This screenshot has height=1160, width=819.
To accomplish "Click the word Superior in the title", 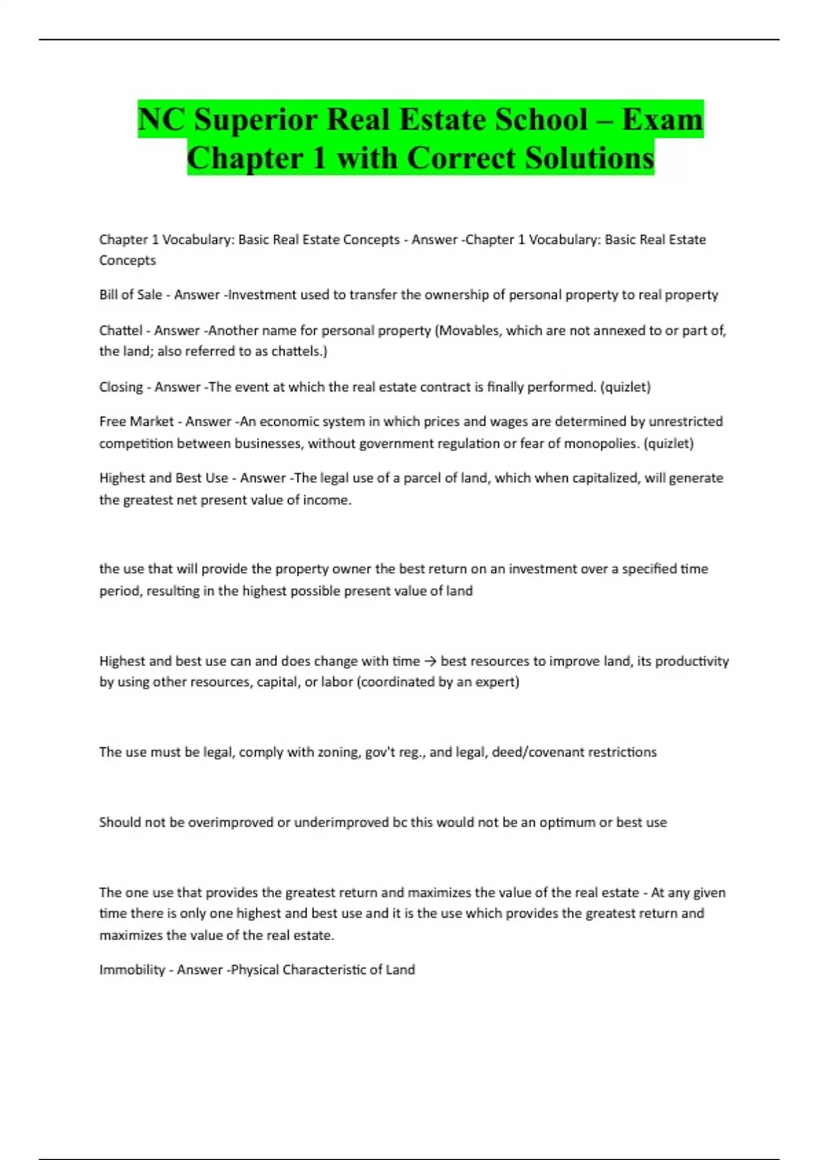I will pos(256,119).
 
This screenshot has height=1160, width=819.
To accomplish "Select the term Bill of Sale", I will pos(130,295).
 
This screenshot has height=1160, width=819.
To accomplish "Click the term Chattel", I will pos(121,330).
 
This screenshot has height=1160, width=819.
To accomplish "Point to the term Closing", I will pos(121,387).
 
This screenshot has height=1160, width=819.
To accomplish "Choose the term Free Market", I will pos(136,422).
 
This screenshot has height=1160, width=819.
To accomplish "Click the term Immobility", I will pos(132,970).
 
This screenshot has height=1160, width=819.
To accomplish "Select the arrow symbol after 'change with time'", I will pos(430,661).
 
